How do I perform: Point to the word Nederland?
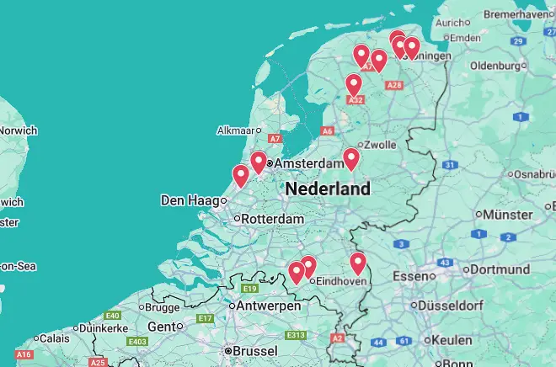tap(328, 189)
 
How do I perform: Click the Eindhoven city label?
tap(340, 281)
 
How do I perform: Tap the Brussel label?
tap(255, 350)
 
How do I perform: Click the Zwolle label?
tap(380, 145)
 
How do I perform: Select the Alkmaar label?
tap(236, 130)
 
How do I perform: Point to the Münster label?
tap(509, 215)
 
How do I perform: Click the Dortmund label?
tap(500, 270)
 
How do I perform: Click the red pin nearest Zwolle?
tap(351, 158)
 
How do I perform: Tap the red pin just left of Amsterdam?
tap(259, 162)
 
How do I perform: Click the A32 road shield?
tap(356, 100)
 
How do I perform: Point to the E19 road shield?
tap(250, 289)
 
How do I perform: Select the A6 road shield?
tap(328, 130)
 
